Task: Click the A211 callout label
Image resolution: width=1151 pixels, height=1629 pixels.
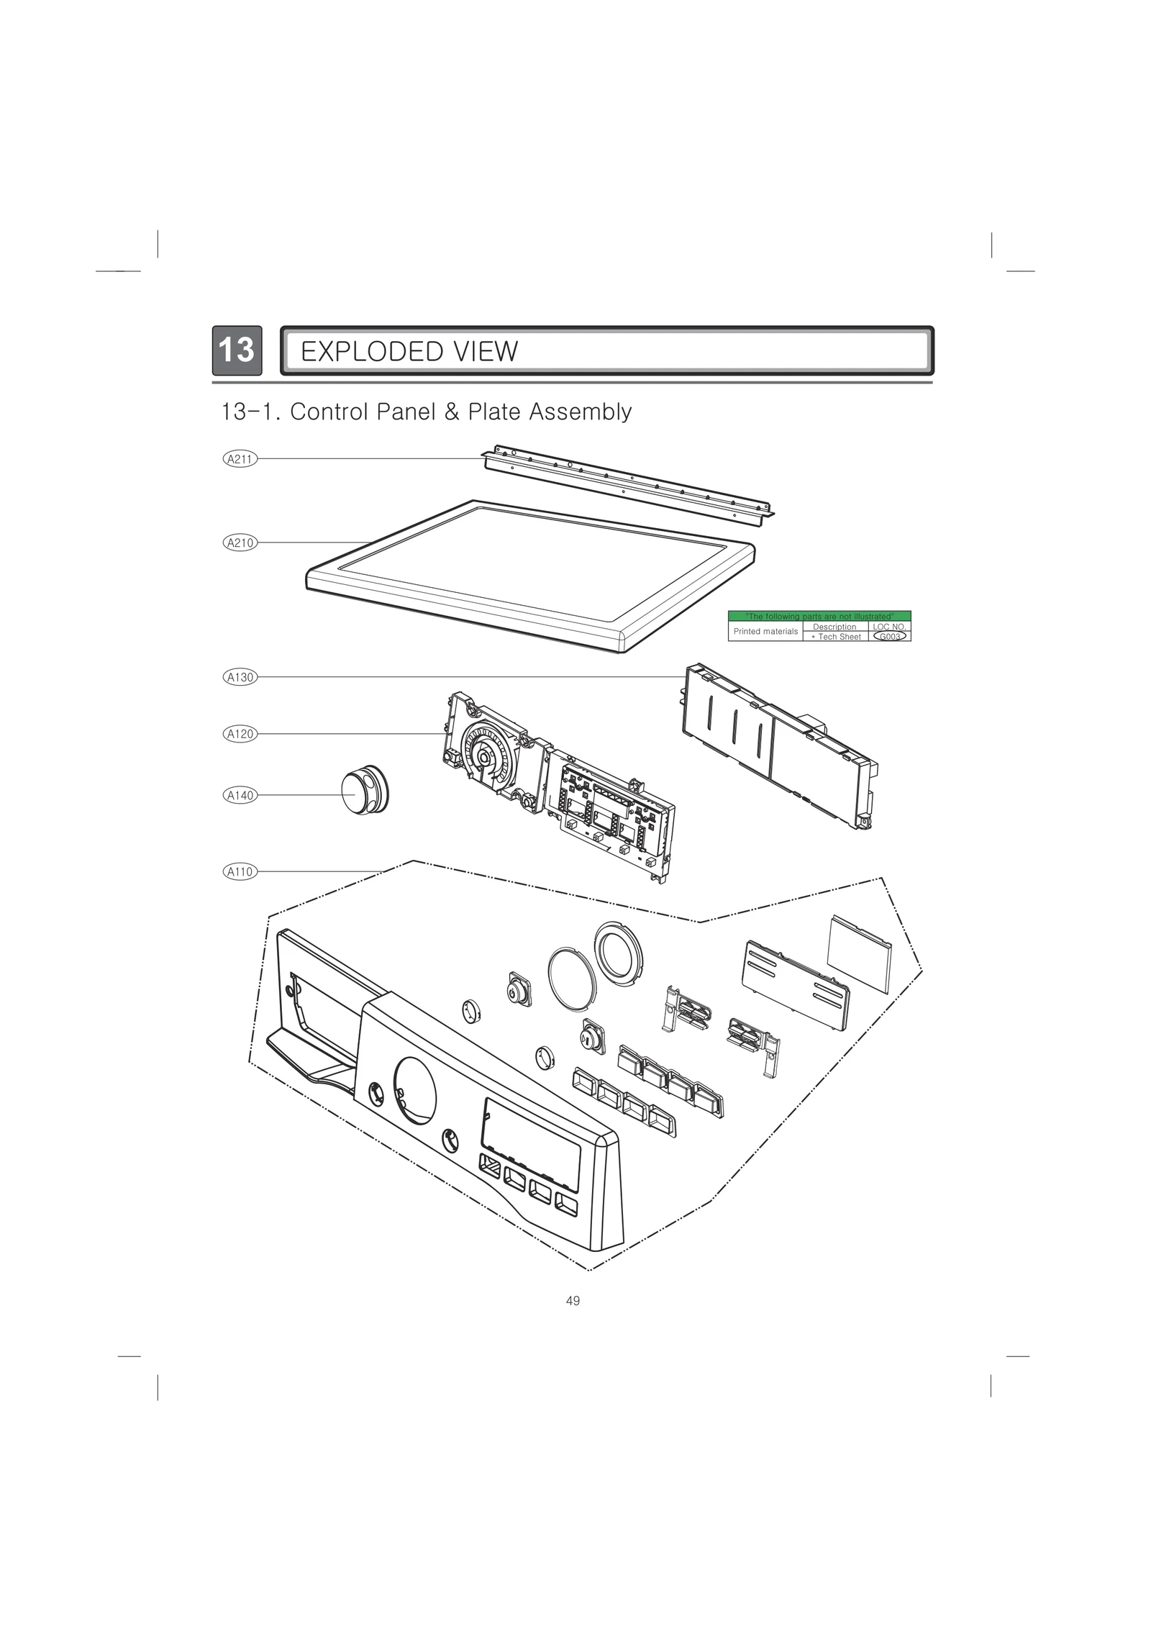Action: tap(240, 458)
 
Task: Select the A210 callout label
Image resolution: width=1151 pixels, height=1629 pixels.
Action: tap(240, 543)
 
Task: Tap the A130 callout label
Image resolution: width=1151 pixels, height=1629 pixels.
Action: tap(240, 677)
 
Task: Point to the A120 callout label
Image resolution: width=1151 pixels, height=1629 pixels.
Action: tap(240, 734)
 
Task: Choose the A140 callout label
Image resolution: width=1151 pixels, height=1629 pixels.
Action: tap(240, 795)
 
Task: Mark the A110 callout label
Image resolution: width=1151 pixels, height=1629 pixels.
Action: tap(240, 872)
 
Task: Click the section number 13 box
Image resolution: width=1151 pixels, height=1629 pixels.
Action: tap(236, 350)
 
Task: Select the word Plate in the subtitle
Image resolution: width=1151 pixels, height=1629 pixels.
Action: tap(494, 412)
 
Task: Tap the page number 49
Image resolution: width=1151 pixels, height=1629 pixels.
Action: tap(573, 1301)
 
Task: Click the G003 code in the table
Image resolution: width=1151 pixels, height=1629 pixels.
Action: tap(889, 637)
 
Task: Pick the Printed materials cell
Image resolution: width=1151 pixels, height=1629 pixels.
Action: tap(765, 631)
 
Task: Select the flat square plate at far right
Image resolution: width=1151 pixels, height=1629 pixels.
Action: tap(859, 953)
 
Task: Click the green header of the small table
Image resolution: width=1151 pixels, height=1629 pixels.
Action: tap(819, 616)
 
